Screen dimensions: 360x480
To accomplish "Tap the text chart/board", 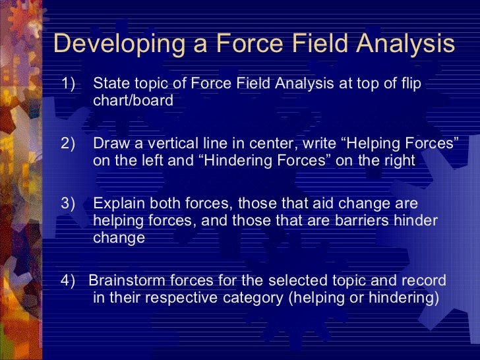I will point(133,101).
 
